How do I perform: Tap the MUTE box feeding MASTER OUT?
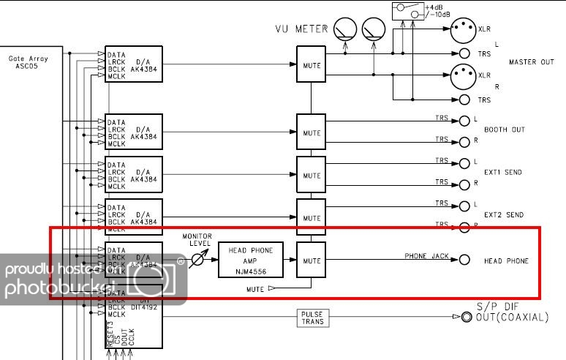312,64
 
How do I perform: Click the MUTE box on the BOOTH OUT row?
312,132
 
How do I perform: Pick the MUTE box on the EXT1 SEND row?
312,176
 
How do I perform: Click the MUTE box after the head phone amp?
312,260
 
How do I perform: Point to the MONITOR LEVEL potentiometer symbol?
197,259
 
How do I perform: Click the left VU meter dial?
344,29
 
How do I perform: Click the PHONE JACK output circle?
464,260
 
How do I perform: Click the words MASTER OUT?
532,62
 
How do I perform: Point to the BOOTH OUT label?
505,130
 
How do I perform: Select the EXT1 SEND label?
504,173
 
